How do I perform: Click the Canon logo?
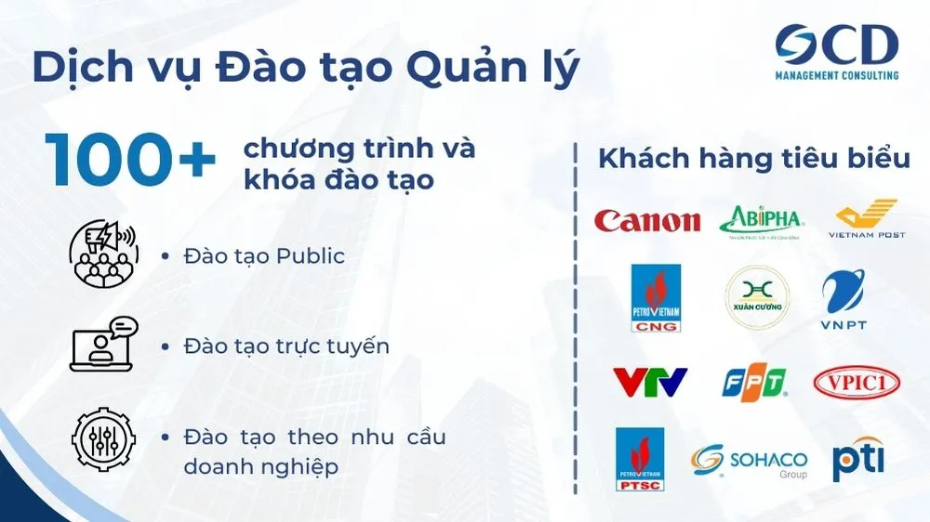click(647, 220)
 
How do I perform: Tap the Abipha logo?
click(760, 220)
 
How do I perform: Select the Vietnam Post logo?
click(867, 218)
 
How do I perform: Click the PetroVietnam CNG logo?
click(655, 298)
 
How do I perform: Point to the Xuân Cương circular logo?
click(757, 299)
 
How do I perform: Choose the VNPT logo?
click(843, 298)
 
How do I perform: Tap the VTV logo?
click(649, 381)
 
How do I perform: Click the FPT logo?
click(754, 381)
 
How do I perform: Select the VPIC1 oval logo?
click(857, 382)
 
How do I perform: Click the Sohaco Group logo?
click(749, 461)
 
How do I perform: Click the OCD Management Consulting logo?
click(837, 52)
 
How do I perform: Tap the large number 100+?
click(129, 160)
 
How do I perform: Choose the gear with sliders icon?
click(103, 439)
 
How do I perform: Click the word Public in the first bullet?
click(310, 256)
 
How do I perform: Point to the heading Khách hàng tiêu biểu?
click(753, 159)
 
